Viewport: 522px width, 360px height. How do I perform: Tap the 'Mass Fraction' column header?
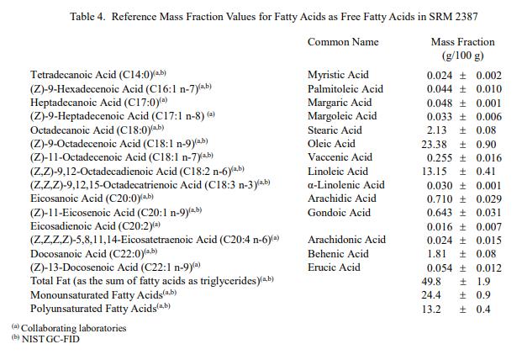[x=462, y=41]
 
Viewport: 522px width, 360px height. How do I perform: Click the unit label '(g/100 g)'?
[x=462, y=56]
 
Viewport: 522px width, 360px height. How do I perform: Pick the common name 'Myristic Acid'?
[x=339, y=75]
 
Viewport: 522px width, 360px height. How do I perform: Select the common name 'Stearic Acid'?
[x=335, y=130]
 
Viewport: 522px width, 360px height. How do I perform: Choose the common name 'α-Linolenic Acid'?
[x=345, y=185]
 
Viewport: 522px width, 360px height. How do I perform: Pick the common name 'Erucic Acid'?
[x=334, y=267]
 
